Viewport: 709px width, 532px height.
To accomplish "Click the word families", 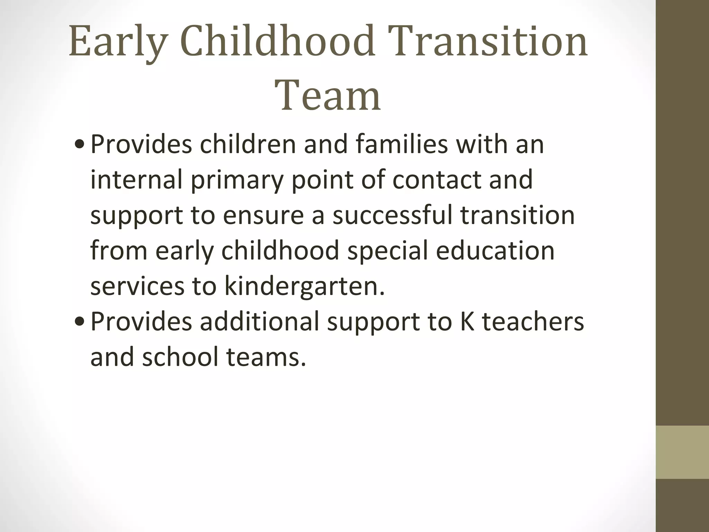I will click(x=402, y=144).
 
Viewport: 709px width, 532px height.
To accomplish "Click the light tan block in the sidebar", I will click(x=682, y=452).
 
